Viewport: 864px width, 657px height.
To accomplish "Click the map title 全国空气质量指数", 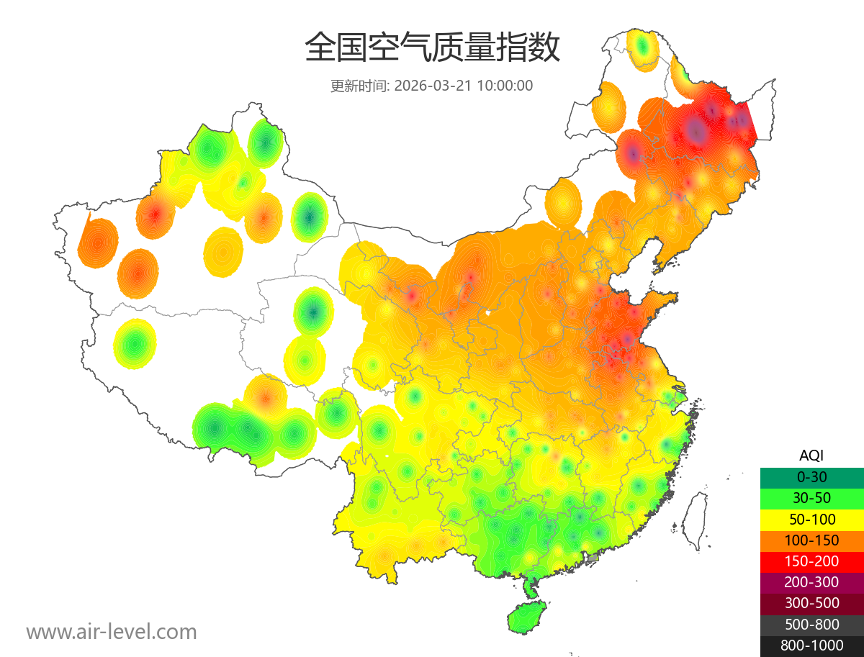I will pyautogui.click(x=432, y=48).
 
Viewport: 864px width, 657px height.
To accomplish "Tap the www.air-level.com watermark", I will pyautogui.click(x=112, y=632).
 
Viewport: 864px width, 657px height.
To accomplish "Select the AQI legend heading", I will pyautogui.click(x=811, y=456).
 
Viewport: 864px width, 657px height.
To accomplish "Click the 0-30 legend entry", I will pyautogui.click(x=811, y=477).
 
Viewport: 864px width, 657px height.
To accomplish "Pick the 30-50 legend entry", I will pyautogui.click(x=811, y=498).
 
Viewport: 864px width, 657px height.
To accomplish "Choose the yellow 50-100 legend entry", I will pyautogui.click(x=811, y=519).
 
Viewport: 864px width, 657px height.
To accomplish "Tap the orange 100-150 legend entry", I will pyautogui.click(x=811, y=540).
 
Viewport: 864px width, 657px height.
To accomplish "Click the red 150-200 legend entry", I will pyautogui.click(x=811, y=561).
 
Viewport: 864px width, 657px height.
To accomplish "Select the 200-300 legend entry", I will pyautogui.click(x=811, y=582).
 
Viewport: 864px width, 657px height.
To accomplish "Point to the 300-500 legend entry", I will pyautogui.click(x=811, y=603).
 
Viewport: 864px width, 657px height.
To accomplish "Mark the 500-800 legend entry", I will pyautogui.click(x=811, y=625).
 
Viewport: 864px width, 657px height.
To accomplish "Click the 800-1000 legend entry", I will pyautogui.click(x=811, y=645).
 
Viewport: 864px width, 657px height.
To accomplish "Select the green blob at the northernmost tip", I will pyautogui.click(x=643, y=48).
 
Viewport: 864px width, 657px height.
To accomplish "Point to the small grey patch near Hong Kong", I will pyautogui.click(x=593, y=558).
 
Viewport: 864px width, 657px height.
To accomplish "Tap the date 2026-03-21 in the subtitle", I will pyautogui.click(x=433, y=86).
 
